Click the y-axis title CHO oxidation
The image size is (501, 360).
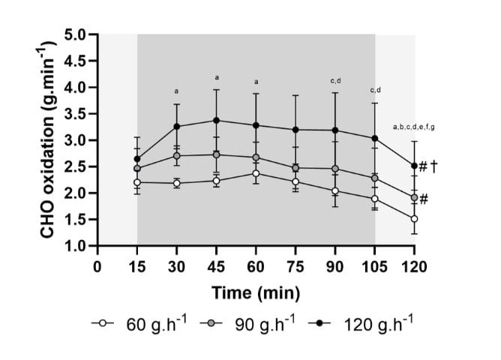tap(46, 140)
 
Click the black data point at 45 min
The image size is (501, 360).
tap(217, 120)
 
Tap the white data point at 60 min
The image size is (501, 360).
tap(256, 173)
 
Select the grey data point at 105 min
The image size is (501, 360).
tap(374, 178)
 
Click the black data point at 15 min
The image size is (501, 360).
tap(137, 159)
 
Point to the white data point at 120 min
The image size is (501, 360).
tap(414, 219)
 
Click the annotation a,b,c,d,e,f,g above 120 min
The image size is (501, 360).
tap(414, 127)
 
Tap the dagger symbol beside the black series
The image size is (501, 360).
tap(433, 166)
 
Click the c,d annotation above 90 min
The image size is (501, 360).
tap(335, 80)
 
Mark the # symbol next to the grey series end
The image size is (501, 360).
tap(424, 199)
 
